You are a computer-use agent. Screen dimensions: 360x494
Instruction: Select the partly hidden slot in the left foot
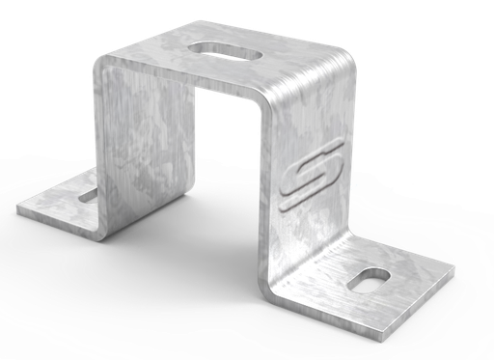tap(88, 196)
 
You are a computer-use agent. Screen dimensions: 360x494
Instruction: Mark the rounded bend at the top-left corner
tap(104, 58)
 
